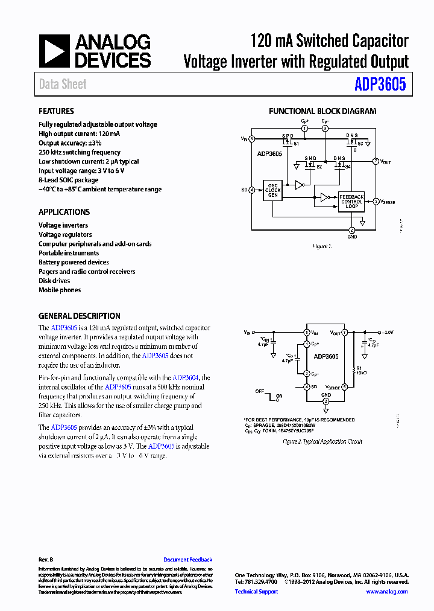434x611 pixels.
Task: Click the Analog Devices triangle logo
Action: (54, 50)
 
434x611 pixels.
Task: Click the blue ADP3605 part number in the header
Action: (380, 84)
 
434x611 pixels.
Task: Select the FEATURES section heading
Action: (56, 111)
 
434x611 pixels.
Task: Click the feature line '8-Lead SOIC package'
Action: (68, 180)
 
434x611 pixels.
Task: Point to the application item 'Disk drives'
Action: (54, 281)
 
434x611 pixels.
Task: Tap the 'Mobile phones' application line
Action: (60, 290)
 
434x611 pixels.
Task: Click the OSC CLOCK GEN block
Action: (273, 190)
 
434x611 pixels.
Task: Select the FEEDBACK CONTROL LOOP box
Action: (351, 201)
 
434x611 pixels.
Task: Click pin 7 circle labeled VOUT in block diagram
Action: (375, 162)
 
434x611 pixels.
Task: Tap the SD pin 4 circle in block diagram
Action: (251, 190)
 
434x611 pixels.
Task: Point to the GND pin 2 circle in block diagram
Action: (352, 230)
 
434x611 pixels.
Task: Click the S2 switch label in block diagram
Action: (319, 167)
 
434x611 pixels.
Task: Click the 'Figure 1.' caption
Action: (321, 246)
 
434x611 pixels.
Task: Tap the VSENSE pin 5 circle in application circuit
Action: (345, 387)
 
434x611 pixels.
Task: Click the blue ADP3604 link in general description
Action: (197, 377)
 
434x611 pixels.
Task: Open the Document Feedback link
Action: (187, 560)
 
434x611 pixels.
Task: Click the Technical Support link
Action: (256, 592)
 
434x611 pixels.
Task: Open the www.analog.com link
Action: (387, 592)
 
